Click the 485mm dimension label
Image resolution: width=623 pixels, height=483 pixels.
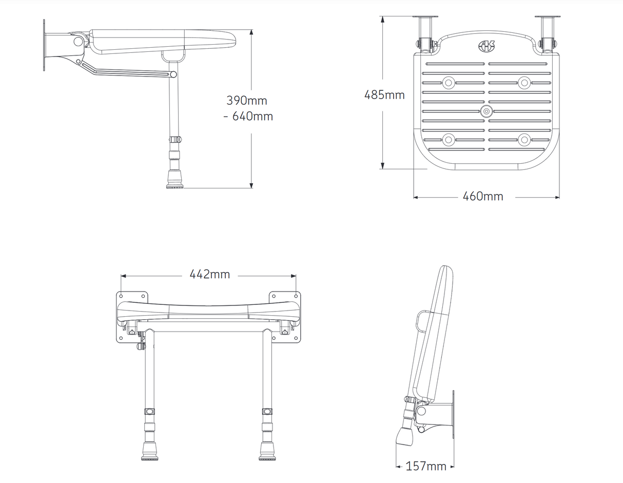point(384,95)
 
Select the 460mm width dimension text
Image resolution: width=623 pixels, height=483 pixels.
point(482,197)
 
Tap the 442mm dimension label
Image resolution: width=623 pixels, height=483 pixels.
point(209,275)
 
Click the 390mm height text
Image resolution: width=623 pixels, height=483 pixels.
point(246,101)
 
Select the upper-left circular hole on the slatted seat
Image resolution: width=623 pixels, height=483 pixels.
point(449,82)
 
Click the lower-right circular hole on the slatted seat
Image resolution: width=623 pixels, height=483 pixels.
point(523,139)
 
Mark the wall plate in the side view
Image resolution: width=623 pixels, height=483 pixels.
point(45,45)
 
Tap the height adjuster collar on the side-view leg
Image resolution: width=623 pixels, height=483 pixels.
point(176,140)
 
